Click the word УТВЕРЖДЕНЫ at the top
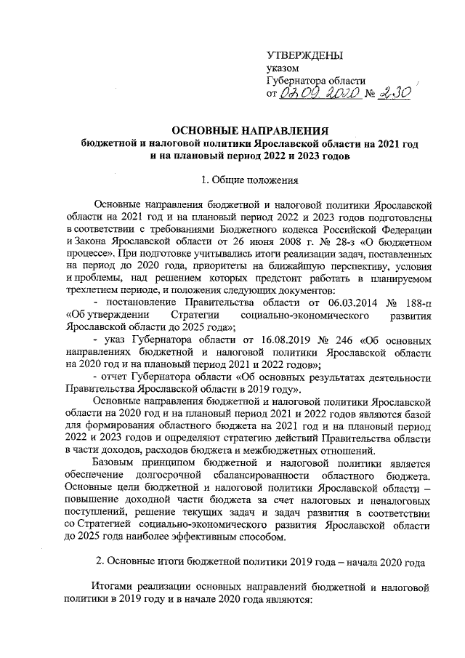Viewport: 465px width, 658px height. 305,56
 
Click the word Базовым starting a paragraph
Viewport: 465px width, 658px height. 116,464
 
